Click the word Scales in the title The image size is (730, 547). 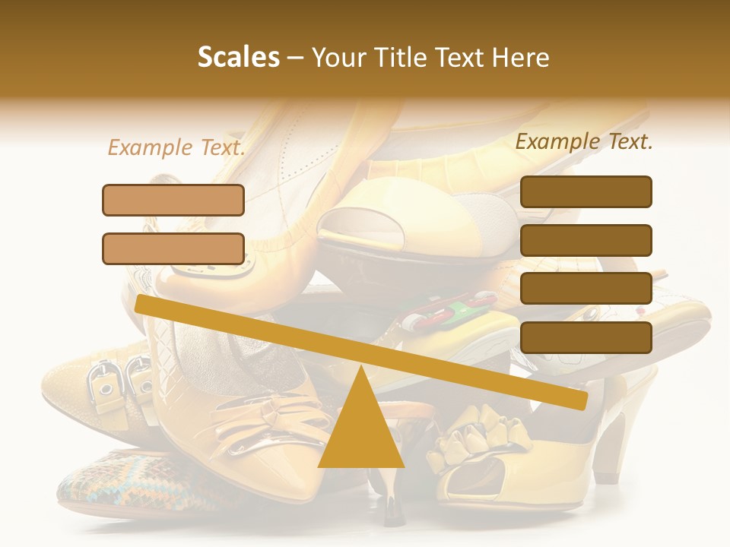tap(238, 58)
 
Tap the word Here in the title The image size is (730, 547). tap(521, 58)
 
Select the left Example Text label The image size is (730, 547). tap(176, 147)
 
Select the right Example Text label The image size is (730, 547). tap(584, 141)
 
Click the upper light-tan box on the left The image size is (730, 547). tap(173, 200)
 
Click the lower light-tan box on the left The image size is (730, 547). tap(173, 248)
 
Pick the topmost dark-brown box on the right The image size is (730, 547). tap(586, 191)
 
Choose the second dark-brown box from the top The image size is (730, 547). tap(586, 240)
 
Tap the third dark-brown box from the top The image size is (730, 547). tap(586, 289)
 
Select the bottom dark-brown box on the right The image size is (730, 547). tap(586, 337)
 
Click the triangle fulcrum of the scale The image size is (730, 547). tap(361, 429)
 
